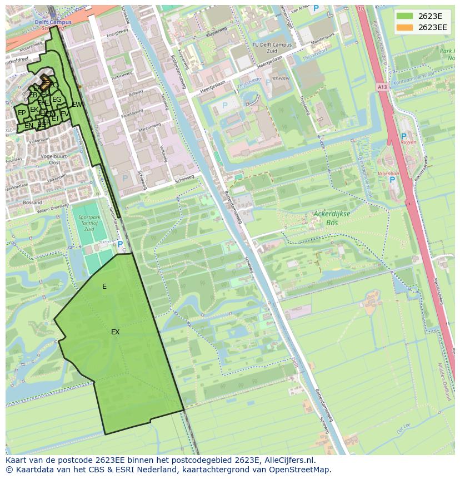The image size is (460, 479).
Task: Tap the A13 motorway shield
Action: (x=382, y=87)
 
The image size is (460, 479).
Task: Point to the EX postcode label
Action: (x=115, y=332)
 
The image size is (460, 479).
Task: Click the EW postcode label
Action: (x=77, y=104)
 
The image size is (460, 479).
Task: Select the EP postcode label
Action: (x=22, y=113)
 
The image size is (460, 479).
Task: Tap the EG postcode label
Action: (x=57, y=100)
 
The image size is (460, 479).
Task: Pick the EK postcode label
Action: (x=34, y=110)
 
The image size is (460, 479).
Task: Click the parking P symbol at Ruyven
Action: (x=403, y=136)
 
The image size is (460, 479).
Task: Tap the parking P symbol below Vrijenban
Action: (x=392, y=179)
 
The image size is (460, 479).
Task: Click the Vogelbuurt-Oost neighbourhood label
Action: (x=54, y=160)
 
